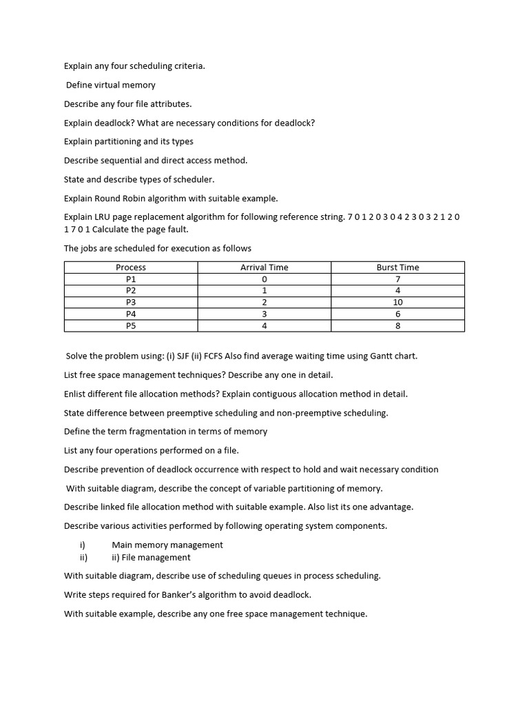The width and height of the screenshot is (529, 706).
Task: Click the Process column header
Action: [131, 268]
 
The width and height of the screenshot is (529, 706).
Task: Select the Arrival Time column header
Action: [264, 268]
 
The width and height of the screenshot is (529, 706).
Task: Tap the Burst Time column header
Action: [397, 268]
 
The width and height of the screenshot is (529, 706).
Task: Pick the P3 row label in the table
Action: [131, 303]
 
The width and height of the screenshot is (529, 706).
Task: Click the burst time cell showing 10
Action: [397, 303]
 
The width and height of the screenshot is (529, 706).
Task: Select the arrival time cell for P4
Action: [264, 314]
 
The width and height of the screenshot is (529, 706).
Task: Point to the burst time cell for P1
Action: [397, 279]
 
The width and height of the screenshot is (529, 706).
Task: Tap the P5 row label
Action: [131, 326]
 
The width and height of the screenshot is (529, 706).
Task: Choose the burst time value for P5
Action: [397, 326]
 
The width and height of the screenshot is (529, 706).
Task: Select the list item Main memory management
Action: [167, 545]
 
